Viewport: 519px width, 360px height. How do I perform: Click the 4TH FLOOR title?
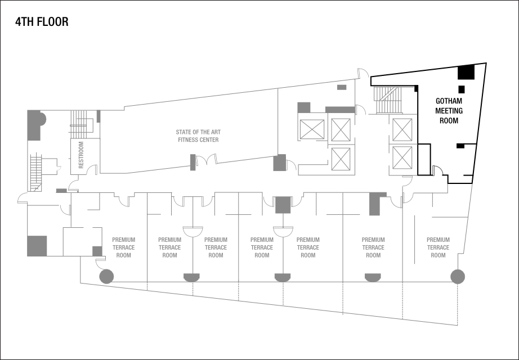tap(42, 23)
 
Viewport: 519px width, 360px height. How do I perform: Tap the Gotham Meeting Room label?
tap(449, 111)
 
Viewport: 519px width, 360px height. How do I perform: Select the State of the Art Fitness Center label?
tap(198, 136)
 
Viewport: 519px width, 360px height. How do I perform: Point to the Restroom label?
tap(81, 155)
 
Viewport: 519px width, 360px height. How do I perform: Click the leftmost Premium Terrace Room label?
tap(123, 247)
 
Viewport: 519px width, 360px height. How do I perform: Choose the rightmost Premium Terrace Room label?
tap(438, 247)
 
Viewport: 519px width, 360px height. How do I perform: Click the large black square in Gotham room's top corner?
tap(466, 72)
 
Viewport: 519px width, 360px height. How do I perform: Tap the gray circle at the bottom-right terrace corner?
tap(458, 276)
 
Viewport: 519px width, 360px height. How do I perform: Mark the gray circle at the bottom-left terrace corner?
tap(106, 276)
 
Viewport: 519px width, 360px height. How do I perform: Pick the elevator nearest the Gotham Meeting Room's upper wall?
tap(402, 129)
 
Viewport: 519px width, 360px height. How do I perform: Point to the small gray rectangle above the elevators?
tap(342, 87)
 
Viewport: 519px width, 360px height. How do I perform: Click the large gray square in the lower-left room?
tap(37, 246)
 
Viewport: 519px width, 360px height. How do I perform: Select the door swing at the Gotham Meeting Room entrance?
tap(437, 169)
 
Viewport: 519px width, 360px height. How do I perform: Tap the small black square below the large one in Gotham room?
tap(462, 89)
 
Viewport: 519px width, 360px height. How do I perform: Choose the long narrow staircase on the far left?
tap(37, 172)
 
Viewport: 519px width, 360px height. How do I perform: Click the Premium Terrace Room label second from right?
tap(373, 247)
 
